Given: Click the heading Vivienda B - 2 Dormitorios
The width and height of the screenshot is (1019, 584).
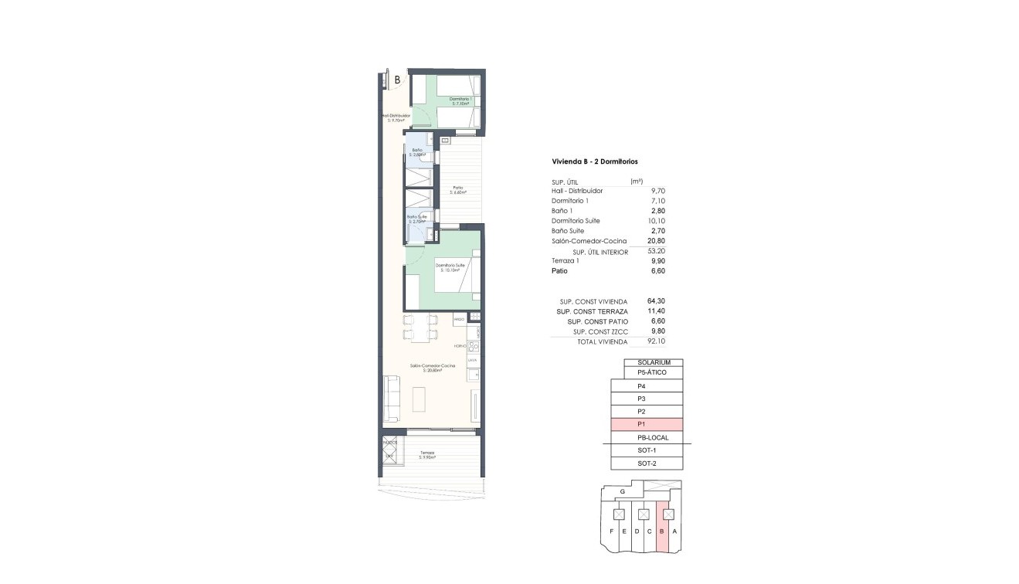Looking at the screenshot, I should click(594, 161).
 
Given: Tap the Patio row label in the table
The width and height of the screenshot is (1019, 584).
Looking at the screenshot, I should click(559, 271).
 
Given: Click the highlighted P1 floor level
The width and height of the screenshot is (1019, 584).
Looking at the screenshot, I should click(647, 425).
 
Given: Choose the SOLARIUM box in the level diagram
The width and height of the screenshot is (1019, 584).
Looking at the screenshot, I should click(654, 363).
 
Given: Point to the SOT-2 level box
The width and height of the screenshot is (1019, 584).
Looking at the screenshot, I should click(647, 463).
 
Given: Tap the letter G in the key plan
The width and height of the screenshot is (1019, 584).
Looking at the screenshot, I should click(622, 491).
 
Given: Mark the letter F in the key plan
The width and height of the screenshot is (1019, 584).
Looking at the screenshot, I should click(611, 531).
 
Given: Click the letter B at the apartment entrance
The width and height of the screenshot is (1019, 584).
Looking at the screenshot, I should click(397, 79).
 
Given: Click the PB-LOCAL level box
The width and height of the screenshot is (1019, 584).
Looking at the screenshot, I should click(647, 438).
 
